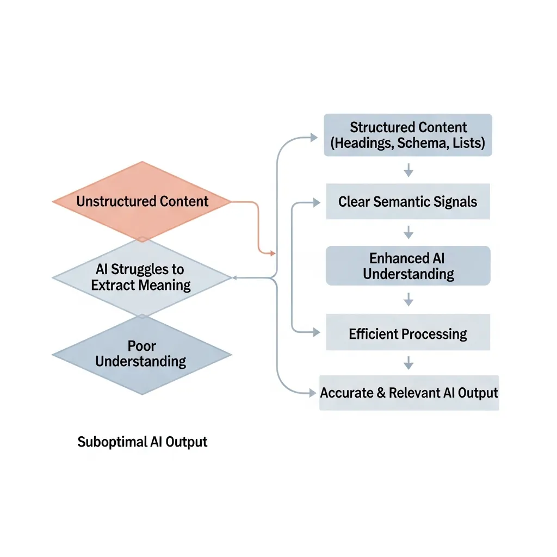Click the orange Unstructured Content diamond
[142, 201]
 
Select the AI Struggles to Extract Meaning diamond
[141, 277]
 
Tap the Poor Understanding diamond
[141, 354]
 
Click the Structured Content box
[408, 135]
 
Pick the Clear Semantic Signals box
[408, 202]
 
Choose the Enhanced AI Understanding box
[408, 265]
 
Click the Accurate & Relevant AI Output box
[409, 393]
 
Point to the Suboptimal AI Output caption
[143, 442]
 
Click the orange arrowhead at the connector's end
[272, 253]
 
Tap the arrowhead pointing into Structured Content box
[314, 138]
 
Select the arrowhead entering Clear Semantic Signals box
[317, 203]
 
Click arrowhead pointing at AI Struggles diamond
[235, 277]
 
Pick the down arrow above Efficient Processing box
[409, 299]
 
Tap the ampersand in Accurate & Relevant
[381, 393]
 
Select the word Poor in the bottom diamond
[141, 346]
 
